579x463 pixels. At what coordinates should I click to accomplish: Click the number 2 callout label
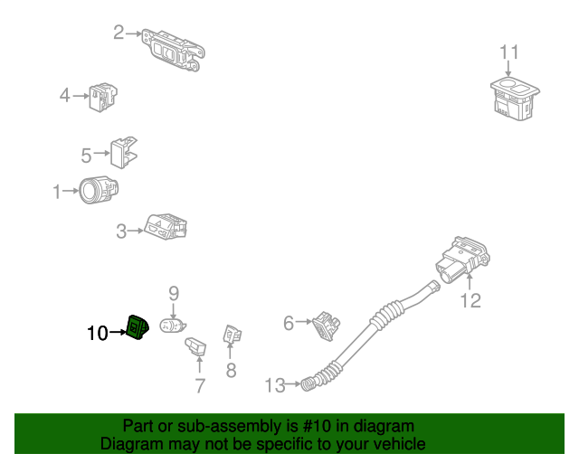pyautogui.click(x=119, y=33)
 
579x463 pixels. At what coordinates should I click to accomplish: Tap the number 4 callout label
pyautogui.click(x=65, y=95)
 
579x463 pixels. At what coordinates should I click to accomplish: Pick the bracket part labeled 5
pyautogui.click(x=125, y=153)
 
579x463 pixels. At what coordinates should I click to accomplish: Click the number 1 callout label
pyautogui.click(x=57, y=192)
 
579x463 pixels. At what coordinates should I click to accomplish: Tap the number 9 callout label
pyautogui.click(x=174, y=293)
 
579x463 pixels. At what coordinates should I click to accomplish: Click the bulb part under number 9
pyautogui.click(x=173, y=325)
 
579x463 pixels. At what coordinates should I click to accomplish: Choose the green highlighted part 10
pyautogui.click(x=138, y=328)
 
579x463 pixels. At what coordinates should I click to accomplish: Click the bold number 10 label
pyautogui.click(x=97, y=333)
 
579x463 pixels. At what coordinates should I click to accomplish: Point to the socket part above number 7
pyautogui.click(x=196, y=346)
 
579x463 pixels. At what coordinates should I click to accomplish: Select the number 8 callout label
pyautogui.click(x=231, y=370)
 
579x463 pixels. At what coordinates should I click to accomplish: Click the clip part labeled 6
pyautogui.click(x=326, y=324)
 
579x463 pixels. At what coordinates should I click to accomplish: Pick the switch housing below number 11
pyautogui.click(x=512, y=99)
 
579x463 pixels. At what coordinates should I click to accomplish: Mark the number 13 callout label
pyautogui.click(x=275, y=386)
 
